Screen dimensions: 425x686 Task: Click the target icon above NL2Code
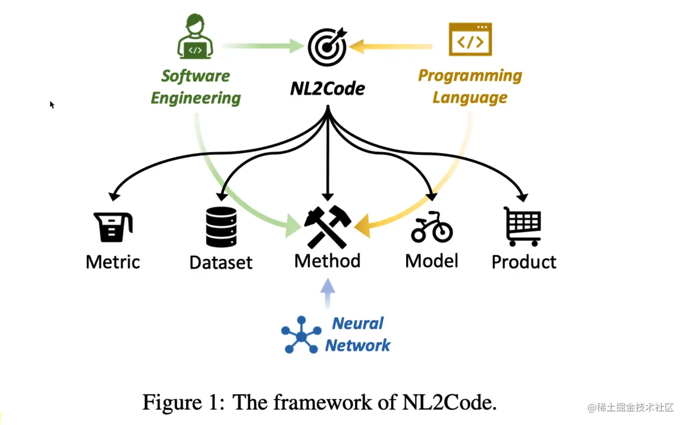(x=327, y=46)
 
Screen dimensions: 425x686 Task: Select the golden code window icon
(x=470, y=39)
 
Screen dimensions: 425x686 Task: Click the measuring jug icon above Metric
(x=113, y=227)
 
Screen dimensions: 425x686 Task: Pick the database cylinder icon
(x=221, y=227)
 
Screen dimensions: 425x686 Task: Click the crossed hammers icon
(x=327, y=226)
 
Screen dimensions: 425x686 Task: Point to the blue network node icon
(x=301, y=335)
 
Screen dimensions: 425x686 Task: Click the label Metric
(x=113, y=262)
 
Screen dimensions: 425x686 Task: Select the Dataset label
(x=221, y=263)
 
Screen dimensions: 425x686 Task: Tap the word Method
(x=327, y=261)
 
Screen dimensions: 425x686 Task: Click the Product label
(x=524, y=262)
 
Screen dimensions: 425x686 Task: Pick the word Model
(x=432, y=261)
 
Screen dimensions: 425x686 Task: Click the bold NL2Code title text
(x=327, y=88)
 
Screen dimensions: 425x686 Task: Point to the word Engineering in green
(x=196, y=98)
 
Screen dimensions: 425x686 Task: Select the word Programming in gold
(x=470, y=76)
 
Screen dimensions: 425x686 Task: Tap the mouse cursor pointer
(x=52, y=105)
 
